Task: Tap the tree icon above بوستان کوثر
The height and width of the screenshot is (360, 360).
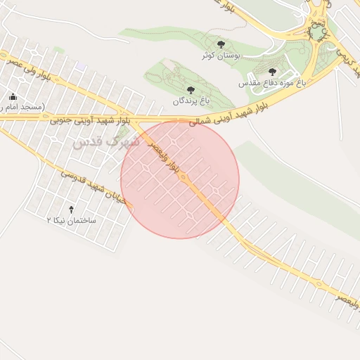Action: coord(221,44)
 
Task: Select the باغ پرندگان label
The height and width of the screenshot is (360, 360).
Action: coord(192,101)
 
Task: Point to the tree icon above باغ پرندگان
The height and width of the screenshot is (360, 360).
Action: coord(191,90)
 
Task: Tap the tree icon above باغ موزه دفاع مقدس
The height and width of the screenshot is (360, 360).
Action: coord(272,72)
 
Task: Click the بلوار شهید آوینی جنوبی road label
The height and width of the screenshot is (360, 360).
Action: coord(90,120)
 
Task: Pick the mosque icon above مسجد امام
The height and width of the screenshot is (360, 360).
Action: coord(12,96)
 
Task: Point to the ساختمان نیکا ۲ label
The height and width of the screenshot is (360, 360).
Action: coord(71,220)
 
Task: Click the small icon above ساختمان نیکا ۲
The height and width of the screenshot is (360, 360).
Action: coord(71,210)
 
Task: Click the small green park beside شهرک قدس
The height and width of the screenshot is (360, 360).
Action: coord(125,131)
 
